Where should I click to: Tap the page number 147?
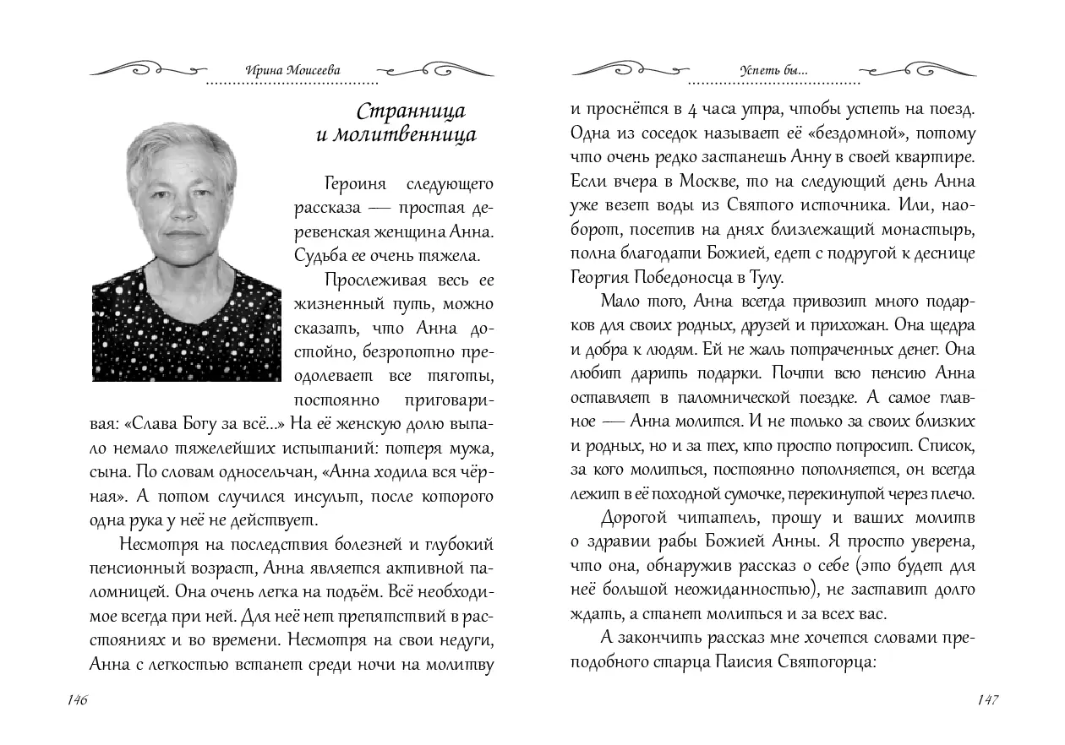(987, 700)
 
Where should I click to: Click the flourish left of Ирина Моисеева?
(148, 68)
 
